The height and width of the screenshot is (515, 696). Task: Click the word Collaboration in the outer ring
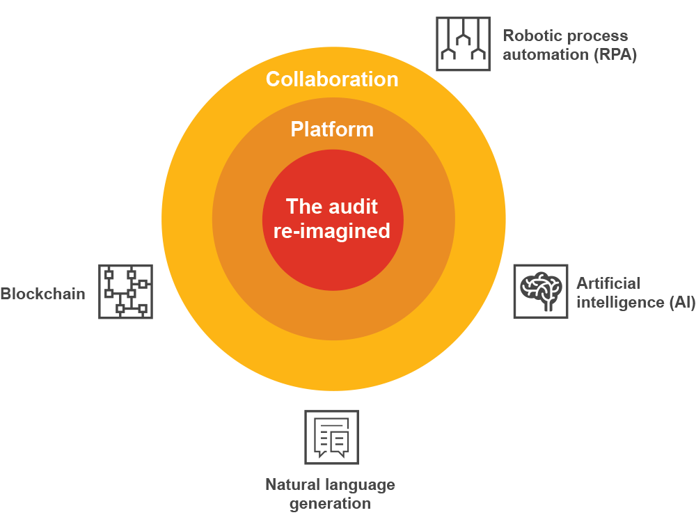coord(332,79)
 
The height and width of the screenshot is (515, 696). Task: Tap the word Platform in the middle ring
coord(332,129)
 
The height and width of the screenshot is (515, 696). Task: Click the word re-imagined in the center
coord(332,231)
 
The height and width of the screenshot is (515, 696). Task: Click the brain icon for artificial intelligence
coord(540,291)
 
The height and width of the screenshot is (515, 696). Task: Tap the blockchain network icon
coord(125,291)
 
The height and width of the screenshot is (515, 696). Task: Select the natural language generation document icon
coord(331,437)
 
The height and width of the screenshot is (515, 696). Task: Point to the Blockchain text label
coord(42,293)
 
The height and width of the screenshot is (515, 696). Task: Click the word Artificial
coord(608,283)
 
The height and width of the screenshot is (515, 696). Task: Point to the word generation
coord(331,503)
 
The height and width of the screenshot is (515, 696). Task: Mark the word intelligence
coord(610,303)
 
